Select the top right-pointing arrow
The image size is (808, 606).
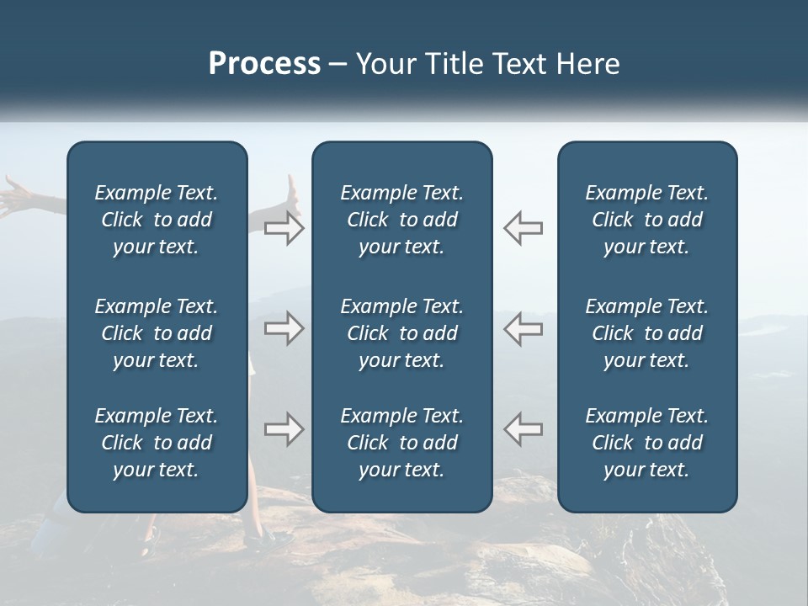[284, 228]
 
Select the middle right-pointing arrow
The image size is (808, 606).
[284, 328]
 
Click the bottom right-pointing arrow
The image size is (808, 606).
[284, 429]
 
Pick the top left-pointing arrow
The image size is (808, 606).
[524, 228]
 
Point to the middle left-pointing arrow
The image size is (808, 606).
[524, 328]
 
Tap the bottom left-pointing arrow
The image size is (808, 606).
[524, 429]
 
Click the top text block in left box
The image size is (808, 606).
[157, 220]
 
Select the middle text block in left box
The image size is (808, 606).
[157, 333]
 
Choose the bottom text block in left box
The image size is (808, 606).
[157, 443]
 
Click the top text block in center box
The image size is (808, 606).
[401, 220]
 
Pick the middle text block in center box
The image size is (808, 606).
[401, 333]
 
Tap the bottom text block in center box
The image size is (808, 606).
[401, 443]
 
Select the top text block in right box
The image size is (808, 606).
[646, 220]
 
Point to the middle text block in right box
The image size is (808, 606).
[646, 333]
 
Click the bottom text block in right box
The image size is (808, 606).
[646, 443]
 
